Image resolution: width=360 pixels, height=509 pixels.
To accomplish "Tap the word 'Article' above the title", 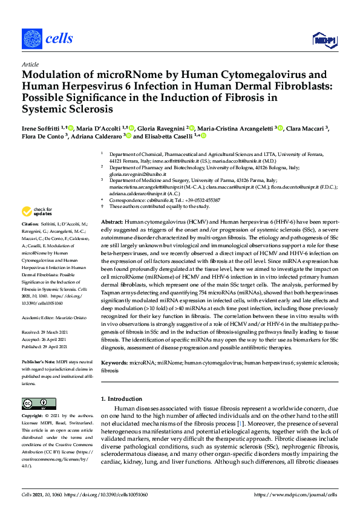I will pyautogui.click(x=30, y=65).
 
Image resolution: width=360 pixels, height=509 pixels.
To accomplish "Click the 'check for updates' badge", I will pyautogui.click(x=36, y=212).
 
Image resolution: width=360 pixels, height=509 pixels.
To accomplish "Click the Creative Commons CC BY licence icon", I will pyautogui.click(x=35, y=404).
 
